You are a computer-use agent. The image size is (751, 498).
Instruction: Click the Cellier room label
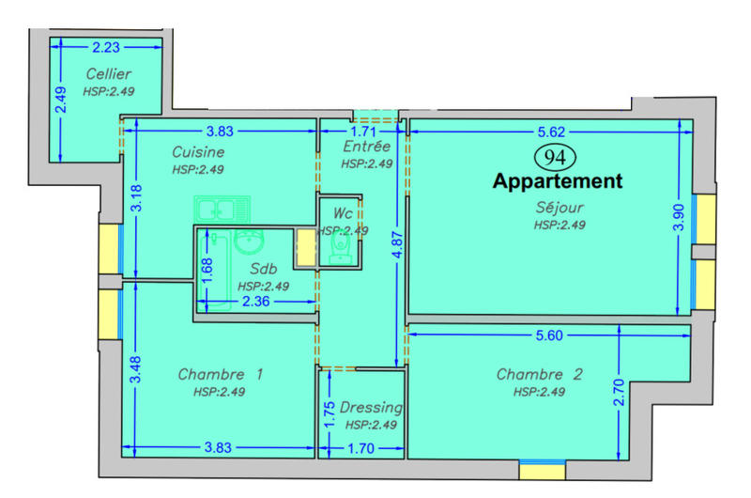coord(108,73)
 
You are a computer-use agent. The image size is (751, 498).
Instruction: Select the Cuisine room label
coord(198,151)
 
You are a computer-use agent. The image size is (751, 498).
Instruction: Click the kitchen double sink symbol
coord(222,210)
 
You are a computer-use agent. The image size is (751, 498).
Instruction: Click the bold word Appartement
coord(558,181)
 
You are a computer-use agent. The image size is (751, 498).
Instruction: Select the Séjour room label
coord(559,208)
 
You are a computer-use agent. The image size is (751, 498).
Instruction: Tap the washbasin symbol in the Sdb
coord(250,243)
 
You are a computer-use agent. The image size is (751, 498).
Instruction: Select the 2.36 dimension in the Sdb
coord(257,302)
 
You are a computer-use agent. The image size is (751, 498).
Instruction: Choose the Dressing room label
coord(371,408)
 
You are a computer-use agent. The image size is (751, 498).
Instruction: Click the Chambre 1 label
coord(220,375)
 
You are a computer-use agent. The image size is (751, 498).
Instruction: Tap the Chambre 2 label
coord(540,375)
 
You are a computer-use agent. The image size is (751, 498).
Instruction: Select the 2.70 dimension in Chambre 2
coord(619,405)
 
